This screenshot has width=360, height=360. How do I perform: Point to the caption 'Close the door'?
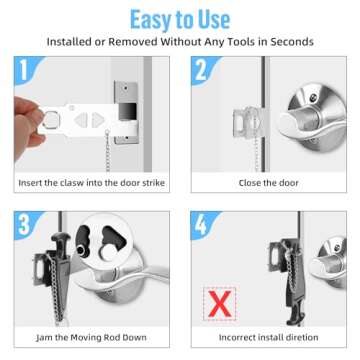(x=267, y=183)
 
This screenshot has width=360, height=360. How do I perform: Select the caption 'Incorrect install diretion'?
(x=267, y=337)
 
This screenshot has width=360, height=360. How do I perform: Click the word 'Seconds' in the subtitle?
(x=291, y=42)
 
